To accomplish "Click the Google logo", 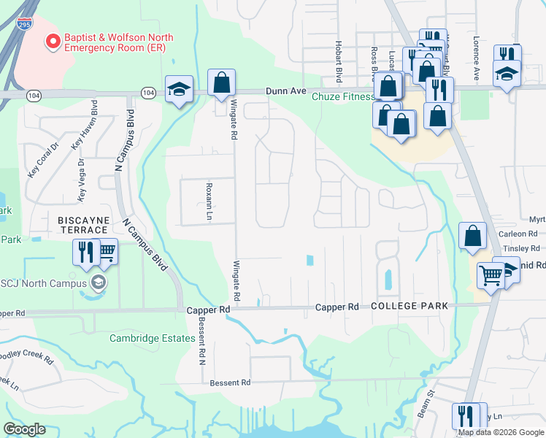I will [24, 429].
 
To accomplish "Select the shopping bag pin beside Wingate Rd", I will [221, 83].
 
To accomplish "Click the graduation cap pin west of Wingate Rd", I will [179, 89].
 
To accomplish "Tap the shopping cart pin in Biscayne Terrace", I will [106, 251].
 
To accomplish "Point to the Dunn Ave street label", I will [277, 91].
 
